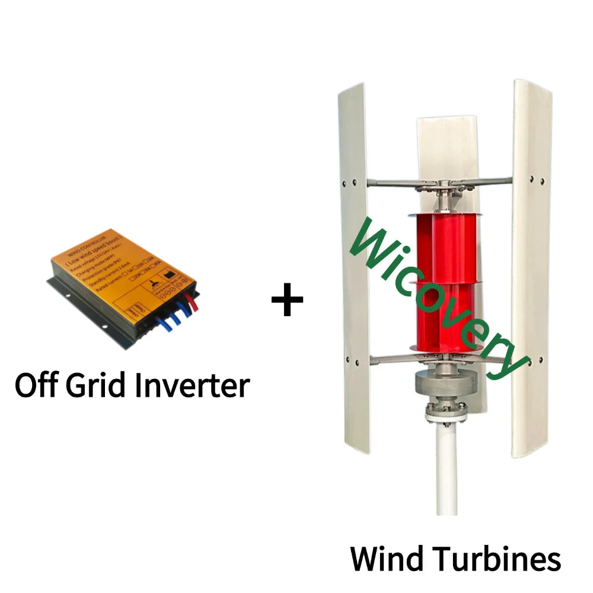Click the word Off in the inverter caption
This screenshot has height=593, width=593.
point(37,385)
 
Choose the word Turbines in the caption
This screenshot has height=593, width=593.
point(498,559)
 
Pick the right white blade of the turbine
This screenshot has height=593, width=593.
point(531,267)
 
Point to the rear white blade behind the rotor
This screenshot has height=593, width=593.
point(446,148)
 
